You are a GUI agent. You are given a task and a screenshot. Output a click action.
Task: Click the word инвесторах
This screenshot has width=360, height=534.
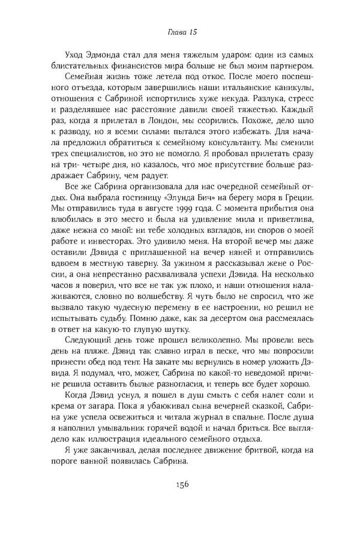(x=103, y=239)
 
